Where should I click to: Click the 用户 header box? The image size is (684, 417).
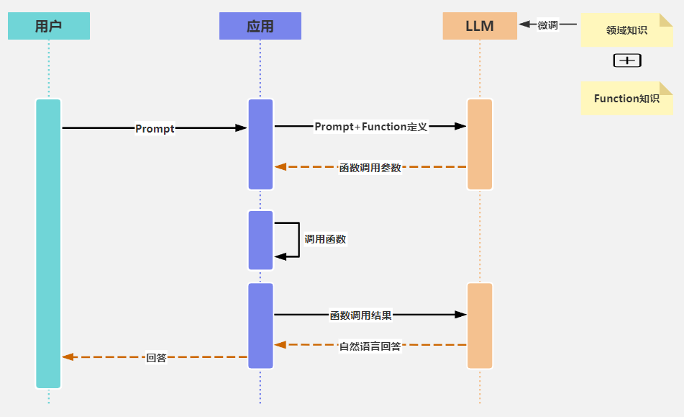[x=48, y=27]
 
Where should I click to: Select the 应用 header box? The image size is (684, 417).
[x=260, y=27]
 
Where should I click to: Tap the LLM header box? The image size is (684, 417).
[x=480, y=27]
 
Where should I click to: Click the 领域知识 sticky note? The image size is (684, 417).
[x=626, y=30]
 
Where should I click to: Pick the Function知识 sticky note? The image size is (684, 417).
[x=626, y=99]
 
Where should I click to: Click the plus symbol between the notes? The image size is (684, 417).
[x=627, y=60]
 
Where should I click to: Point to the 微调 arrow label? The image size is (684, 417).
[x=548, y=25]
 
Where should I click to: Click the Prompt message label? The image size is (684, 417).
[x=155, y=129]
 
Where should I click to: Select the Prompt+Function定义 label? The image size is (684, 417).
[x=371, y=127]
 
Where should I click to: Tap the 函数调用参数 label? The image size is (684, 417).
[x=370, y=168]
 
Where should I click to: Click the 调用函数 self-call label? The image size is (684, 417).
[x=325, y=239]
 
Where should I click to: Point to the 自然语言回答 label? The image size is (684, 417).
[x=370, y=346]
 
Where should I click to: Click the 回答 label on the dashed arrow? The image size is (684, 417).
[x=156, y=357]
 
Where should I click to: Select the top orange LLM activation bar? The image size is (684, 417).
[x=480, y=144]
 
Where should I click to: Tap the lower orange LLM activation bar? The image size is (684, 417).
[x=480, y=326]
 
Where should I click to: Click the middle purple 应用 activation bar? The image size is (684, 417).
[x=260, y=240]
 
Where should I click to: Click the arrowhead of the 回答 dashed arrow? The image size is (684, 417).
[x=68, y=357]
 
